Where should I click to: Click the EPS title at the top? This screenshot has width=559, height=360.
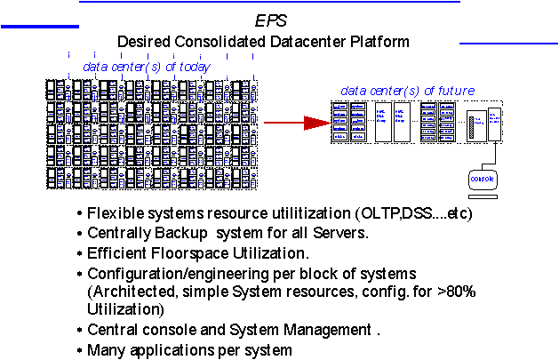click(x=271, y=21)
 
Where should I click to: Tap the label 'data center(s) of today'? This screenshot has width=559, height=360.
click(x=147, y=67)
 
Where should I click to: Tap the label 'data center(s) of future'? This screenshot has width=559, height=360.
click(x=408, y=91)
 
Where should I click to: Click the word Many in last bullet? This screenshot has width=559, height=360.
click(x=105, y=349)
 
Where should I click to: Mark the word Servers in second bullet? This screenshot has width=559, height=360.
click(x=340, y=233)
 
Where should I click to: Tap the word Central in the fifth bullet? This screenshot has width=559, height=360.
click(x=112, y=330)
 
